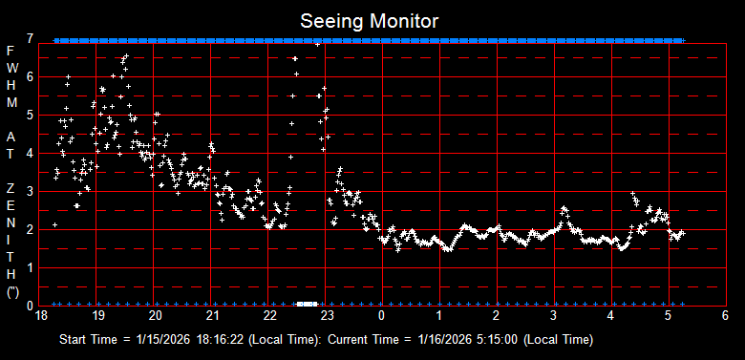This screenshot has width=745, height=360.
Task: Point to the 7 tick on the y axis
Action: coord(32,39)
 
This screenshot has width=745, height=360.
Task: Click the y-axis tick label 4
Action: coord(32,153)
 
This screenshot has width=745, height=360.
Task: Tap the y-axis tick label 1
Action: coord(32,267)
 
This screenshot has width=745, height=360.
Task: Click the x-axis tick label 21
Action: coord(212,315)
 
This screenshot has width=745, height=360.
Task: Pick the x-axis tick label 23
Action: coord(327,315)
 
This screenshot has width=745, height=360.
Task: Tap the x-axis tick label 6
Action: coord(725,315)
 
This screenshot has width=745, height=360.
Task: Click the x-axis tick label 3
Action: coord(554,315)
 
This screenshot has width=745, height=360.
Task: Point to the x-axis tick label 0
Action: coord(382,315)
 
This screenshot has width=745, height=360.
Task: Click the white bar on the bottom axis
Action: coord(306,304)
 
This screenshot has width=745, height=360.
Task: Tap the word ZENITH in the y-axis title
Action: coord(11,220)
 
